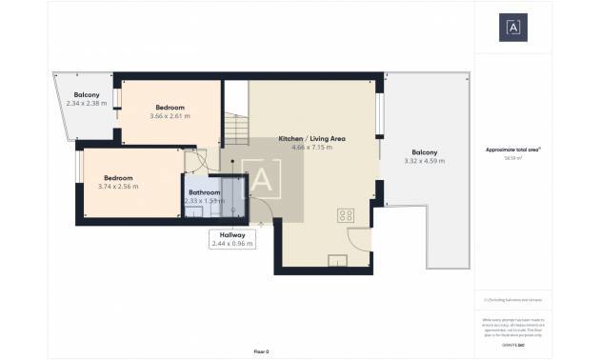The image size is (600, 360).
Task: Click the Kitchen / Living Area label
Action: [x=311, y=139]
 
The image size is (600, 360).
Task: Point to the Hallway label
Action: [x=232, y=234]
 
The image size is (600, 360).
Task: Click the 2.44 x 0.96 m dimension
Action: [x=232, y=244]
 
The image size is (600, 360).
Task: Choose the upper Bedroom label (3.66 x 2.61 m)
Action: [x=170, y=108]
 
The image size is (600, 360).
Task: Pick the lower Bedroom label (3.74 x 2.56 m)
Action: [x=118, y=178]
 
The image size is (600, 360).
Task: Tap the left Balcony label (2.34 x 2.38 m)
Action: [x=89, y=94]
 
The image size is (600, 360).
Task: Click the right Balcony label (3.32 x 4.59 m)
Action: [x=425, y=152]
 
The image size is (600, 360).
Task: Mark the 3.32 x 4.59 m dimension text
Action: [x=425, y=161]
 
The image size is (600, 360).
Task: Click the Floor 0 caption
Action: [x=262, y=351]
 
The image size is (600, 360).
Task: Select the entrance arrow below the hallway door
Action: [x=260, y=224]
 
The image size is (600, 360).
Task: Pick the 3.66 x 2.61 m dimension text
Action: [x=170, y=116]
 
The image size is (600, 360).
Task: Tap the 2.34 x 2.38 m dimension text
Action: [x=89, y=103]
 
